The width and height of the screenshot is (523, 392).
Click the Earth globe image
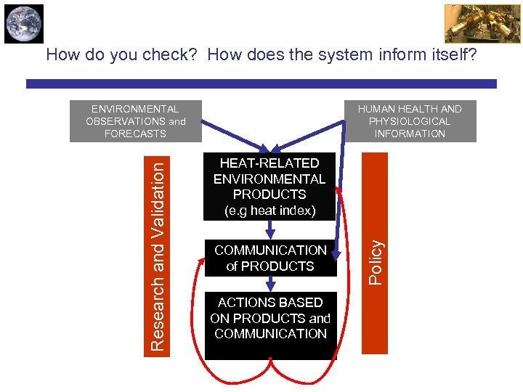pyautogui.click(x=23, y=24)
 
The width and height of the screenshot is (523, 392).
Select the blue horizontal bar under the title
pyautogui.click(x=261, y=84)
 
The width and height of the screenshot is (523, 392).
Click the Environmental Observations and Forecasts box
pyautogui.click(x=135, y=121)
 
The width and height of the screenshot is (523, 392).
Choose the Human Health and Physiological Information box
pyautogui.click(x=409, y=121)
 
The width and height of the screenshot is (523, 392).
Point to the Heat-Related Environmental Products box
pyautogui.click(x=269, y=187)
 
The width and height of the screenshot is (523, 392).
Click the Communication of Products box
pyautogui.click(x=270, y=258)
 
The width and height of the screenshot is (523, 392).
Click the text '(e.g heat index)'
pyautogui.click(x=269, y=211)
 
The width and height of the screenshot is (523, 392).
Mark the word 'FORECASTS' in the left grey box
pyautogui.click(x=135, y=134)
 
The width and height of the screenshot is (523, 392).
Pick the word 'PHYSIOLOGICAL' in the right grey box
pyautogui.click(x=409, y=121)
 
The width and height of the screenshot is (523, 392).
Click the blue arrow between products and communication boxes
pyautogui.click(x=269, y=229)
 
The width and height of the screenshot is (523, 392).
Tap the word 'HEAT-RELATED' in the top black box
pyautogui.click(x=269, y=163)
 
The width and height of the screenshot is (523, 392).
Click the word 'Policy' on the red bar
pyautogui.click(x=375, y=262)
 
